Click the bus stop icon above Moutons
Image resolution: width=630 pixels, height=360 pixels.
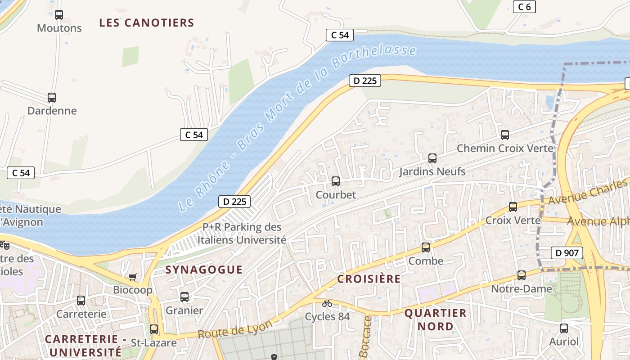click(x=59, y=15)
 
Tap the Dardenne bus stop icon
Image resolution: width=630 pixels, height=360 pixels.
click(x=52, y=98)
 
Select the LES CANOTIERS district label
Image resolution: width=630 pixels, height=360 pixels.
click(x=147, y=23)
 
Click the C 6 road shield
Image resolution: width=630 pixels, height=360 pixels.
click(x=524, y=6)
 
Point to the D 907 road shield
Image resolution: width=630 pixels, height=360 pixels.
click(x=567, y=253)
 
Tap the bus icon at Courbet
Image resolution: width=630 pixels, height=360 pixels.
click(x=336, y=181)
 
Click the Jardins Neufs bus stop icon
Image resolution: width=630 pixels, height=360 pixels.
click(x=432, y=158)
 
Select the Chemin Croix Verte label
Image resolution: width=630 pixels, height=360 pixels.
click(x=505, y=148)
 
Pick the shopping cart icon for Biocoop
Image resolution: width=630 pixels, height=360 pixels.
click(x=133, y=277)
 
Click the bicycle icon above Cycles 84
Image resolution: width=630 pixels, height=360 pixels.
click(x=327, y=304)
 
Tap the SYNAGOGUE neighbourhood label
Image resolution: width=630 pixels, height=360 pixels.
click(x=204, y=270)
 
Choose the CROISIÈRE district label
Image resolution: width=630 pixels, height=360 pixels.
click(x=369, y=279)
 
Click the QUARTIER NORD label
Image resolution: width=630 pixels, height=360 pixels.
click(x=435, y=319)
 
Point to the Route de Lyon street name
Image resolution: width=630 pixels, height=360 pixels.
click(x=235, y=330)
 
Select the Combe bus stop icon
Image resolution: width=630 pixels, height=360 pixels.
click(x=426, y=247)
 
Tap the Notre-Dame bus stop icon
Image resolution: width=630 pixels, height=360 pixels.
click(x=522, y=275)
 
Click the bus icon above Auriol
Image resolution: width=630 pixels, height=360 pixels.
click(x=564, y=328)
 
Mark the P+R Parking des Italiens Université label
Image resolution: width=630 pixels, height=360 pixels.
click(x=242, y=234)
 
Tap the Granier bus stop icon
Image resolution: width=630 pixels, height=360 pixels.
click(x=184, y=297)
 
